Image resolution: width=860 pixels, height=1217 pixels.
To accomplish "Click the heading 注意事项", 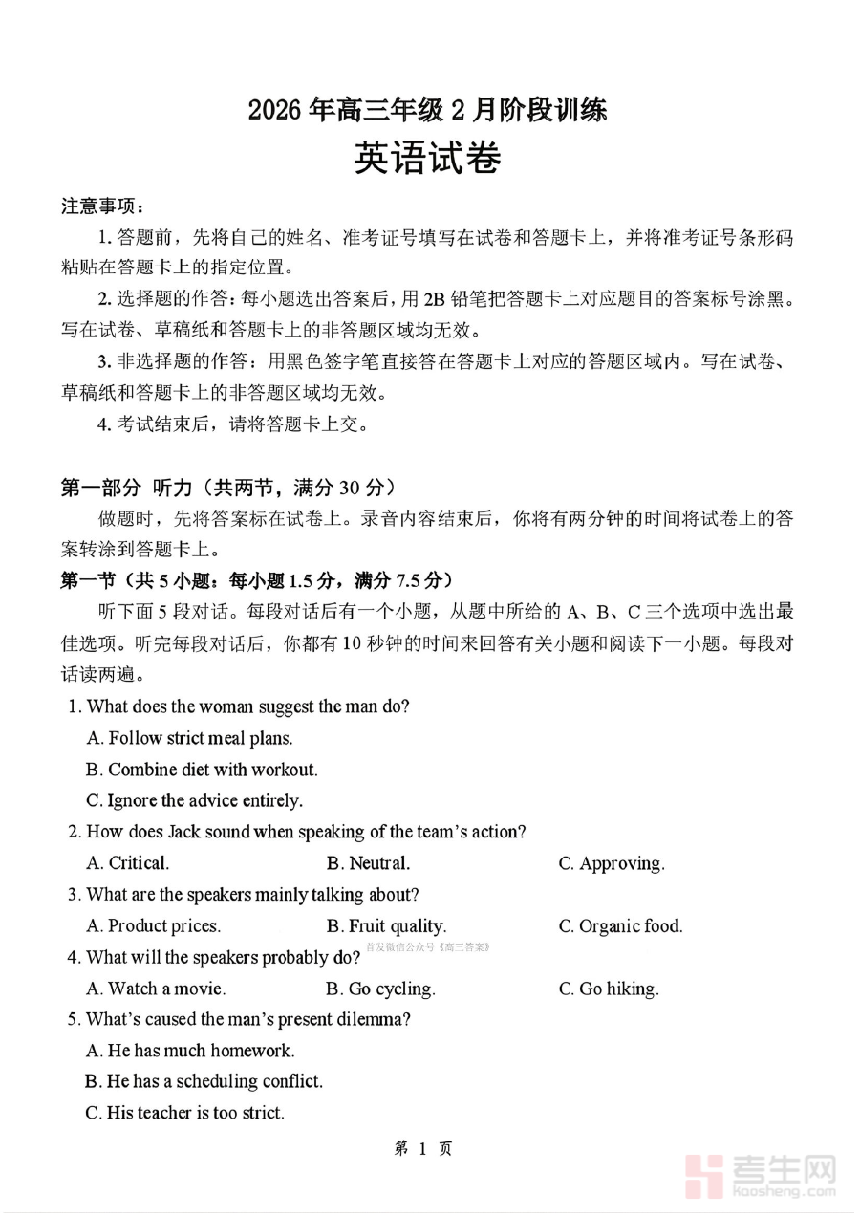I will [103, 206].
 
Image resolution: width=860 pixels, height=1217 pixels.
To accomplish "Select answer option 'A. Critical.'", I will [127, 863].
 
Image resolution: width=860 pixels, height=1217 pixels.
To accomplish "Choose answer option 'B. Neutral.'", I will [368, 863].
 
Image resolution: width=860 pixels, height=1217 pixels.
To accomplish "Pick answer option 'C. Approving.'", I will [612, 863].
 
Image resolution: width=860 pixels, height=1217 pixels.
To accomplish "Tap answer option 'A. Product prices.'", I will [153, 925].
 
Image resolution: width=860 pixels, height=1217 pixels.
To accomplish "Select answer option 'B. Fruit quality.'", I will [386, 925].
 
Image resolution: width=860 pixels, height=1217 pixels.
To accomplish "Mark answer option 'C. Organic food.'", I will [620, 925].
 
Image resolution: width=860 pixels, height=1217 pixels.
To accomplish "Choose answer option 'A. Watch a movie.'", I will [156, 989].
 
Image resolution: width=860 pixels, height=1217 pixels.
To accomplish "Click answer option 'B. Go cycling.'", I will [380, 989].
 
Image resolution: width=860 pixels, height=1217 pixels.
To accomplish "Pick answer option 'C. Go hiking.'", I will [609, 989].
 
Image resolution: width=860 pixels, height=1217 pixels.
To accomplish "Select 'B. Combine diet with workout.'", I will [202, 770].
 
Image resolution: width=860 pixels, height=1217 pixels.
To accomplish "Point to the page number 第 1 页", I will [423, 1148].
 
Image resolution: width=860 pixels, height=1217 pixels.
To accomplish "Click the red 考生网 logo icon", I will [708, 1175].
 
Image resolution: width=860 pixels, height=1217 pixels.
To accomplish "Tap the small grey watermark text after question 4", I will [427, 947].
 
